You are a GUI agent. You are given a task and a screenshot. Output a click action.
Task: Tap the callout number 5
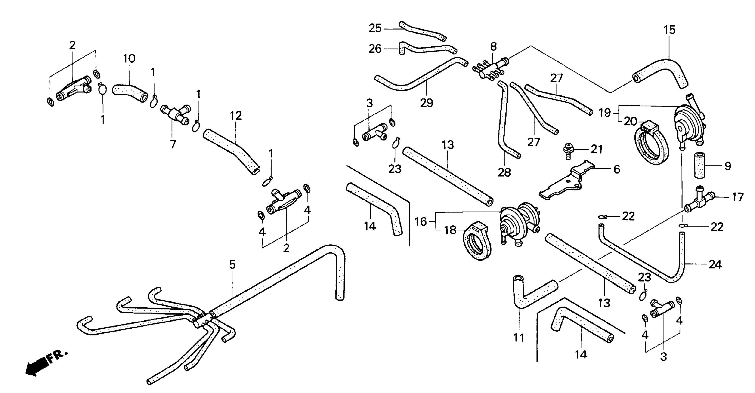232,265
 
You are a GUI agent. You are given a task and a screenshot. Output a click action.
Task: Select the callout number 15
669,30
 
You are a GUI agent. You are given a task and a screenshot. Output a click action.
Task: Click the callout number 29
427,103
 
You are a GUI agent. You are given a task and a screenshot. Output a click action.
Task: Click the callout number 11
519,338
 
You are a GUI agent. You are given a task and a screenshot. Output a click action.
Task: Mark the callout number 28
504,173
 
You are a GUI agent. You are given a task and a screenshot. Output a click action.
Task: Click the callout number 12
236,116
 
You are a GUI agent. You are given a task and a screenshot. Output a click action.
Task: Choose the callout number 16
421,222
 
